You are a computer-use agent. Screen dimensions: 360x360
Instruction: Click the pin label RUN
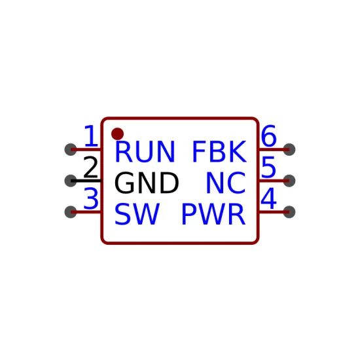145,152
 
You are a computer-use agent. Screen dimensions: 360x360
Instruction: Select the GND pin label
147,183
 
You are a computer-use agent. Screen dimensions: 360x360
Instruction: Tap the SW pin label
137,214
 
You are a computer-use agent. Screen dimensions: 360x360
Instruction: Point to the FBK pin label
219,152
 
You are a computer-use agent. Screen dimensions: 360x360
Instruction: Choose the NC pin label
226,183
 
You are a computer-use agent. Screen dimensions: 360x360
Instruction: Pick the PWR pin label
213,214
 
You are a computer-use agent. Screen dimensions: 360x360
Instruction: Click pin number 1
91,136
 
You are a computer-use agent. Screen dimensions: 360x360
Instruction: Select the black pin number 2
91,167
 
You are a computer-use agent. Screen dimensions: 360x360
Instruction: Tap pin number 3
91,198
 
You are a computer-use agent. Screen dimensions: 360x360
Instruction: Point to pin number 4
268,198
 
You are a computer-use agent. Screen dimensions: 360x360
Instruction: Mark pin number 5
268,167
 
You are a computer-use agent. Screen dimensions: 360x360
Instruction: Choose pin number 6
268,136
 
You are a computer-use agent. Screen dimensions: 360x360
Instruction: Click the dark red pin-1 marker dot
117,134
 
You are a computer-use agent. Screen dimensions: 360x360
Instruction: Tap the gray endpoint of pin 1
71,149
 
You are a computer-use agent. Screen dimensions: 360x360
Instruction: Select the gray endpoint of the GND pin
71,181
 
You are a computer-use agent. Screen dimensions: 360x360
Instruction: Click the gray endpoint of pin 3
71,212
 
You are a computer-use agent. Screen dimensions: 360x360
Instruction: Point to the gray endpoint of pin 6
289,149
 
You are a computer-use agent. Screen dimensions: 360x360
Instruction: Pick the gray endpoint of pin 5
289,181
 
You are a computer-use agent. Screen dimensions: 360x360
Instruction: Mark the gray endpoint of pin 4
289,212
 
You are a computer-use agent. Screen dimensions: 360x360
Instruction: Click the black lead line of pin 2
86,181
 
